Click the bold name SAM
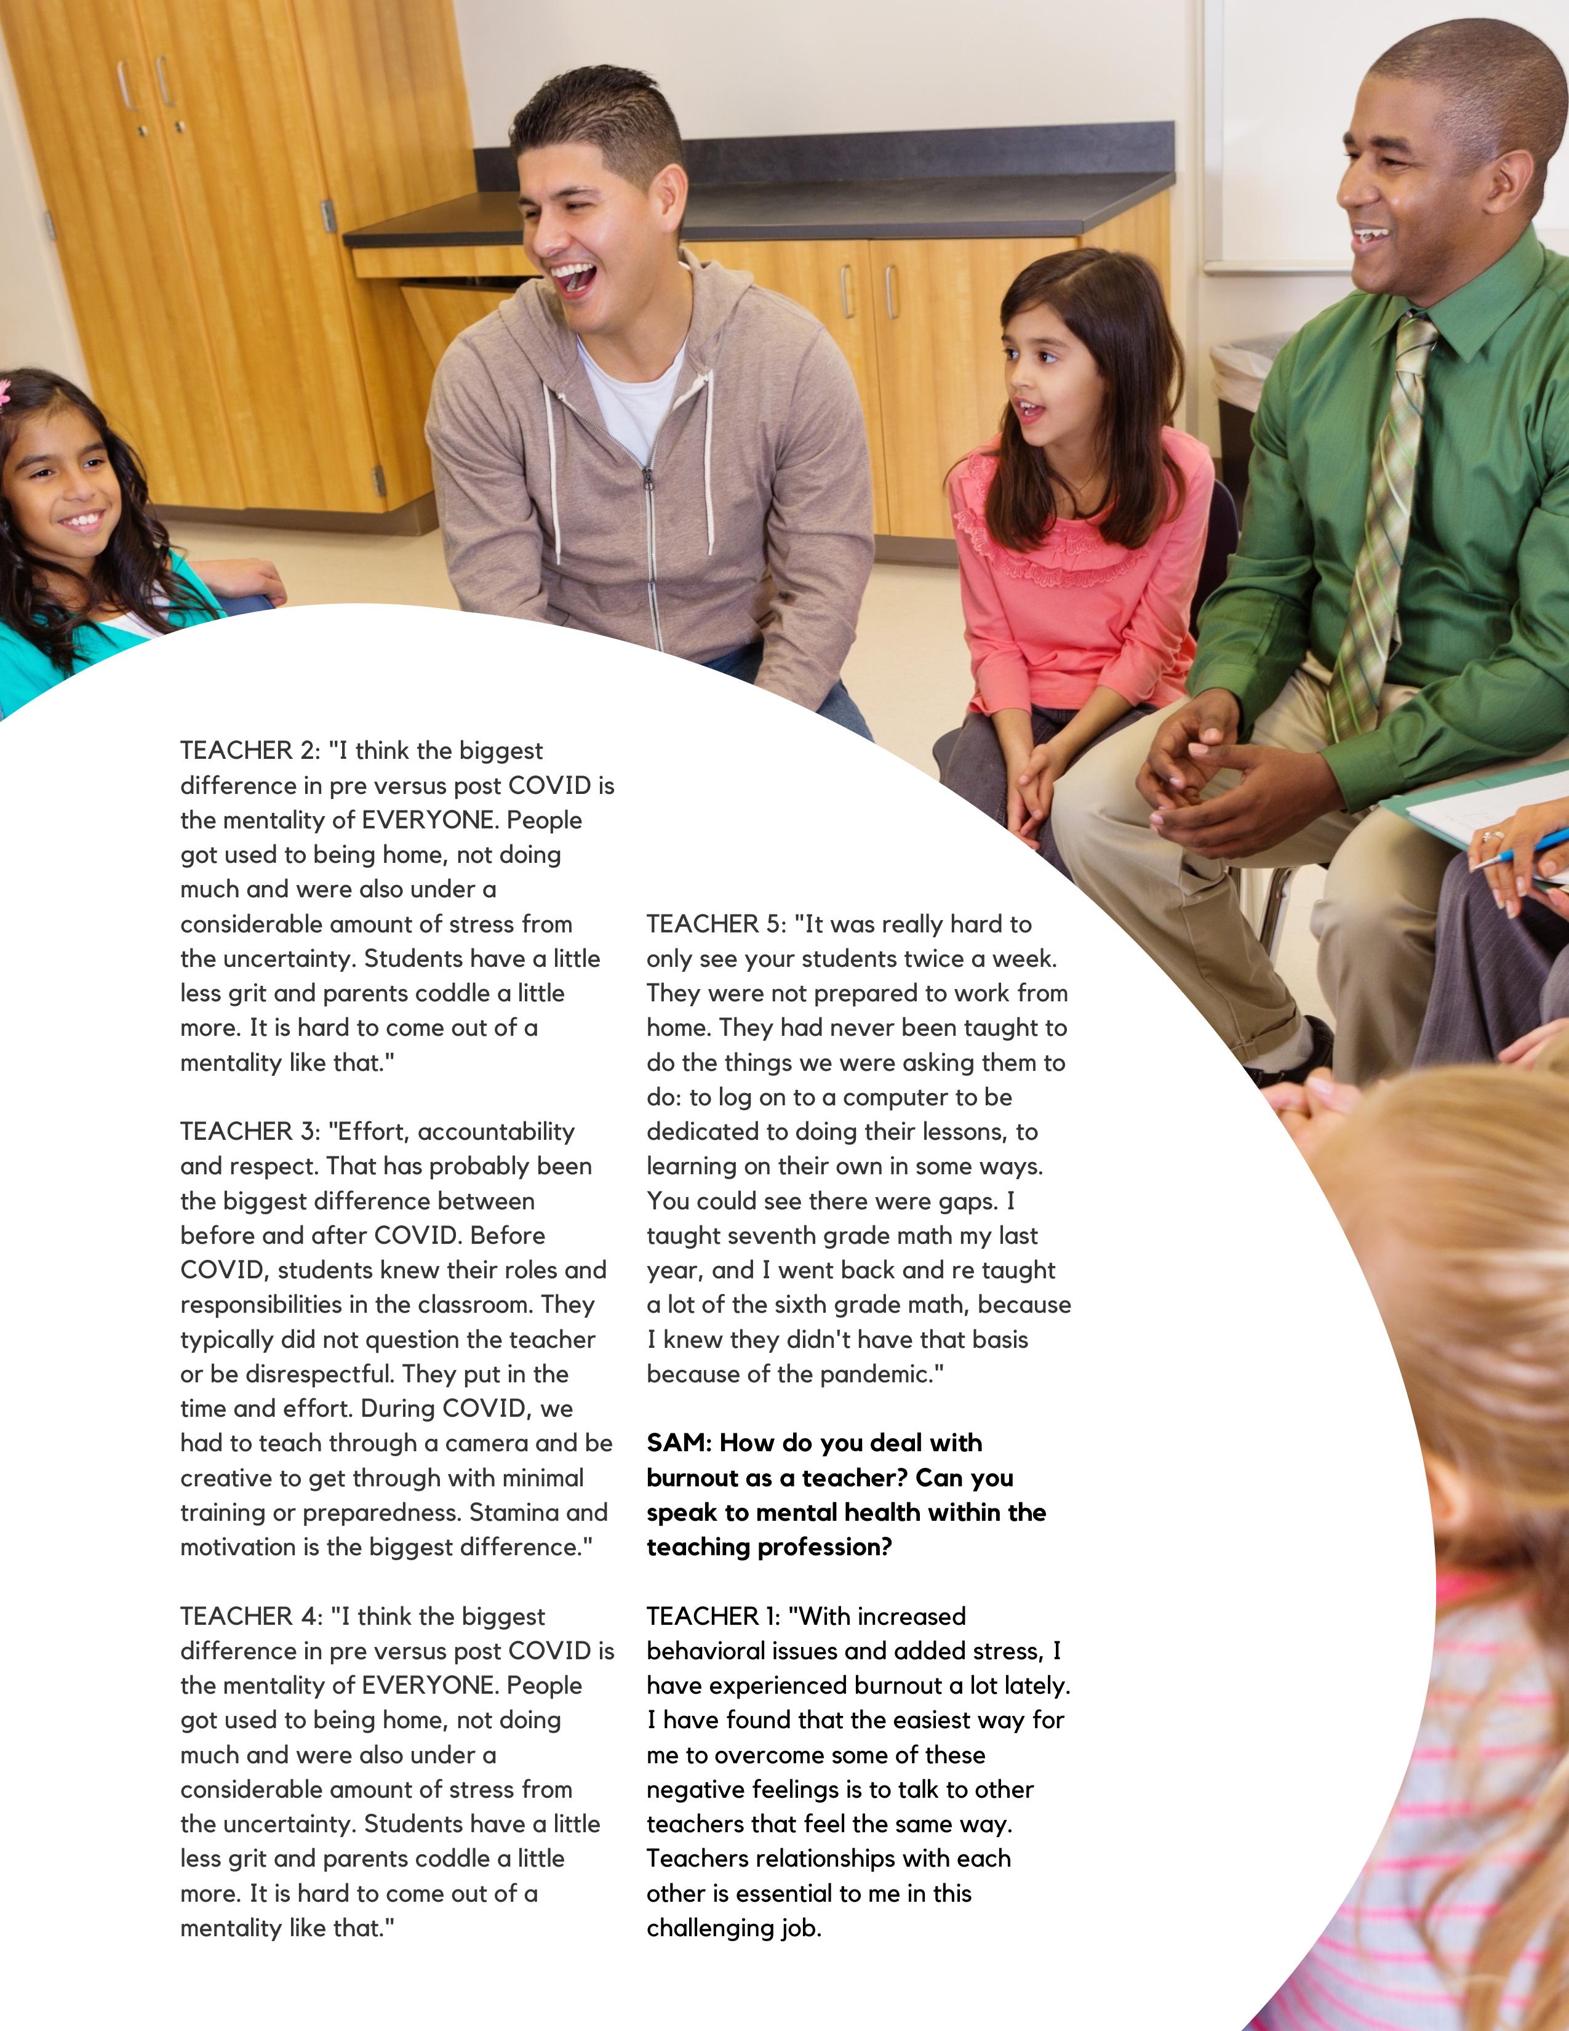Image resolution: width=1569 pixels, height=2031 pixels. pyautogui.click(x=677, y=1443)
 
